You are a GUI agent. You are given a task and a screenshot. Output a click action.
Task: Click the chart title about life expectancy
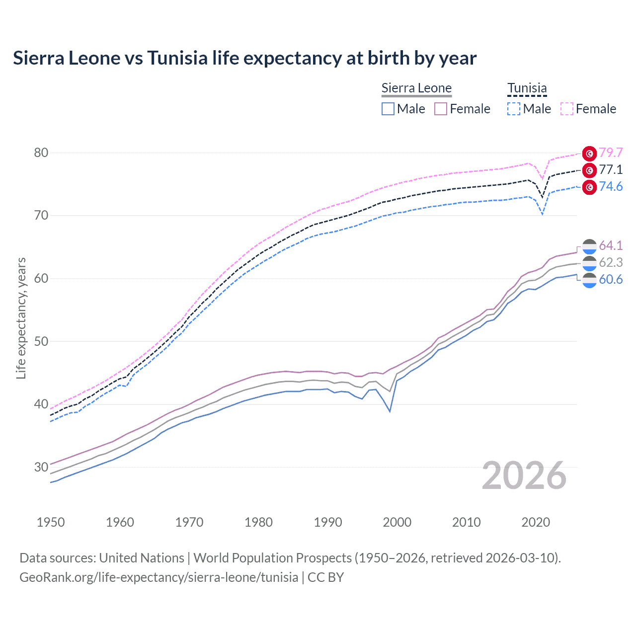(244, 58)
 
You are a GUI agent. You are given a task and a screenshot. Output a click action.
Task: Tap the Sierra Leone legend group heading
(416, 88)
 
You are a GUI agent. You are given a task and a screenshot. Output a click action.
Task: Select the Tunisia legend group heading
(527, 88)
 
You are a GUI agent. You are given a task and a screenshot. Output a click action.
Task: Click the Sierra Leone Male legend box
(388, 109)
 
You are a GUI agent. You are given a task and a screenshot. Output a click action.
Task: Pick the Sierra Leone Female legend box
(441, 109)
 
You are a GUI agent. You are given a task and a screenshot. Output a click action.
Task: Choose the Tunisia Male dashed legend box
(514, 109)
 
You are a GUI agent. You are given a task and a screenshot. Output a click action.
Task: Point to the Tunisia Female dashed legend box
(567, 109)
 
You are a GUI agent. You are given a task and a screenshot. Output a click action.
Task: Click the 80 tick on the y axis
(41, 153)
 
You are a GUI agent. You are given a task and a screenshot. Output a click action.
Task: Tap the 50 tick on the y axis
(41, 341)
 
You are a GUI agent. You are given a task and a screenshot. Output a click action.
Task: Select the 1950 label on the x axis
(51, 522)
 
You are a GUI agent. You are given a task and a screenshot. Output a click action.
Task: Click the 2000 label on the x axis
(397, 522)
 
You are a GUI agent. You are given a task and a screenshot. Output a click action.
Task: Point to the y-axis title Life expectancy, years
(21, 318)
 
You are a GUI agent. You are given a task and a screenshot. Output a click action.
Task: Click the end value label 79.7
(611, 153)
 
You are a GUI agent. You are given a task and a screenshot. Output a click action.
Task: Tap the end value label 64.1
(611, 245)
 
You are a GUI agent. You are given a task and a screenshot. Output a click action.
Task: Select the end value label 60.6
(611, 279)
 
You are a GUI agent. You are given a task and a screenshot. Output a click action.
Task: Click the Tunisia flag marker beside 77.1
(589, 170)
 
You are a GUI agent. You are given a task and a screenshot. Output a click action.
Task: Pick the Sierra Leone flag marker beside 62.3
(589, 263)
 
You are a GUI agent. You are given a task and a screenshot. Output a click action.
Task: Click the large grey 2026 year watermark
(524, 476)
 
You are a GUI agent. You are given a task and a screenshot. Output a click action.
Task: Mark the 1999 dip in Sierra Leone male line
(390, 411)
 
